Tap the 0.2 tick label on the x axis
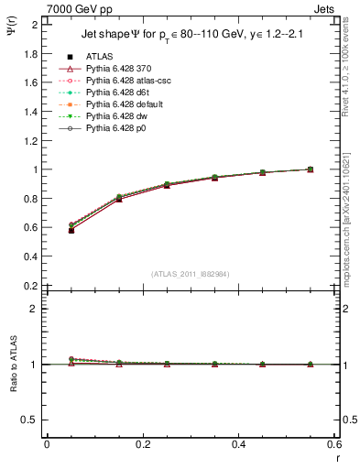coord(142,444)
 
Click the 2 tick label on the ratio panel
coord(34,309)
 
